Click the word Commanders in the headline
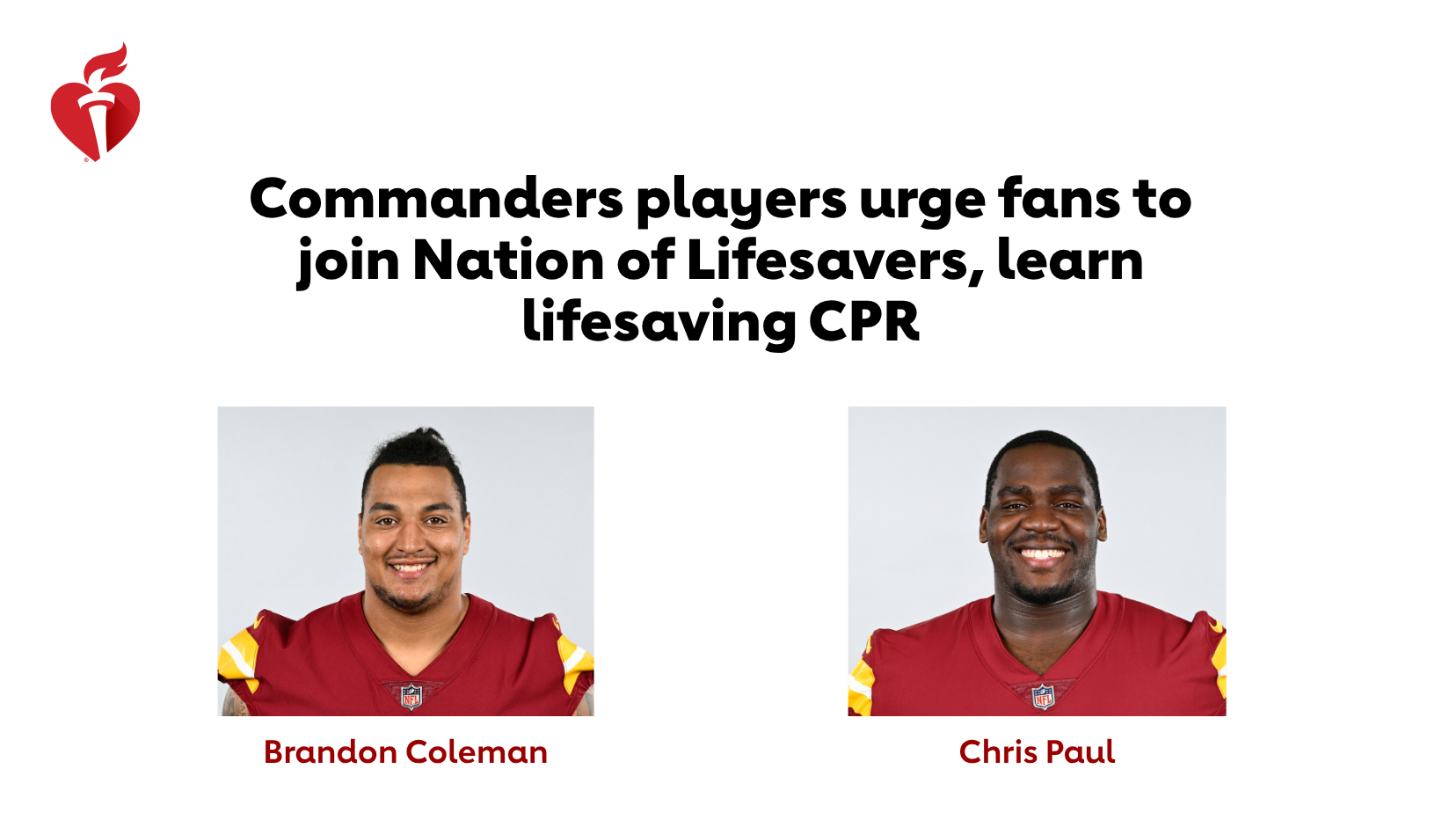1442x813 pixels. click(436, 199)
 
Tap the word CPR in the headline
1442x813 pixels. click(864, 321)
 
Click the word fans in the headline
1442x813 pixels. click(1060, 199)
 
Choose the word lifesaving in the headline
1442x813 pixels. click(659, 323)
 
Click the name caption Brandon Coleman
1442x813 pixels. click(405, 751)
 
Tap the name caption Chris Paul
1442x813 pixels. click(1037, 751)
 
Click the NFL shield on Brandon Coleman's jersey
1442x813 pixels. click(411, 697)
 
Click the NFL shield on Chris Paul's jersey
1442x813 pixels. click(1043, 697)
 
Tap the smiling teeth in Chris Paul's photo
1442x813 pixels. click(1040, 554)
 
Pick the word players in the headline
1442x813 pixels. click(741, 201)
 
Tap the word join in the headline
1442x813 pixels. click(348, 263)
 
